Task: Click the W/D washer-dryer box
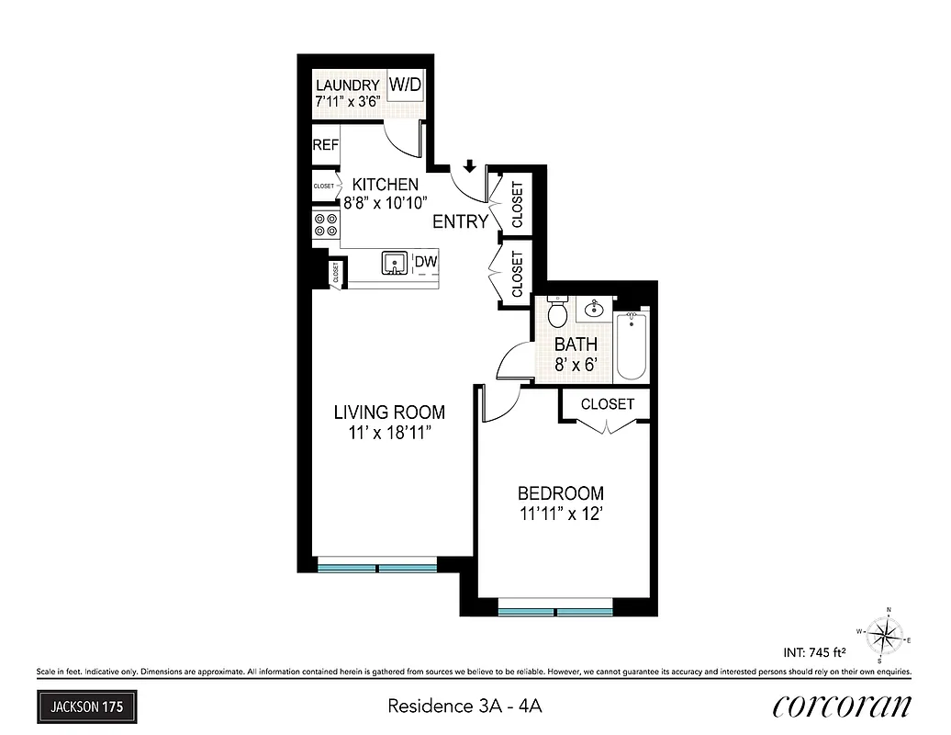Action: pos(406,85)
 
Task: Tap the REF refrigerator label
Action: pos(326,145)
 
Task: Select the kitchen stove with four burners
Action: pos(326,224)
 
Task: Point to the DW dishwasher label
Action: pos(425,263)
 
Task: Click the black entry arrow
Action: pos(469,166)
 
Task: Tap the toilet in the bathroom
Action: pos(557,313)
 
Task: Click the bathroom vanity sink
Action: pos(596,308)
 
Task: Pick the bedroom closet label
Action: pos(607,404)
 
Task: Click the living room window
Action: pos(377,567)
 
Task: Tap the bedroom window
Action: pos(554,609)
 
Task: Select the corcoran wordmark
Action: pos(842,705)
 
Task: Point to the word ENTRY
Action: pos(460,221)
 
